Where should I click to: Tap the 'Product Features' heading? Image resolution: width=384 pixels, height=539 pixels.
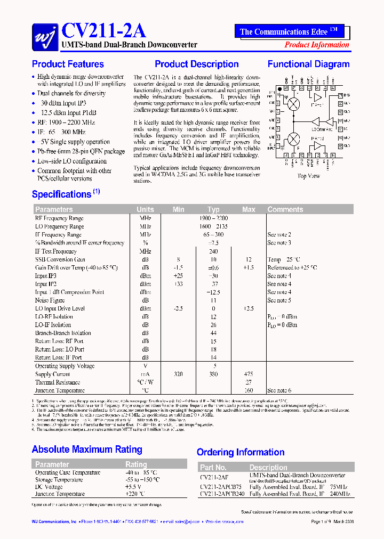(68, 64)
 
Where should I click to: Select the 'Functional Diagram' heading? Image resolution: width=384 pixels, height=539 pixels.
(308, 64)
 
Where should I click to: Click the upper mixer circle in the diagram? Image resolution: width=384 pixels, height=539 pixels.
(293, 104)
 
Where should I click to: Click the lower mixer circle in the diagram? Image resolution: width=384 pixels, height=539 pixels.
(293, 139)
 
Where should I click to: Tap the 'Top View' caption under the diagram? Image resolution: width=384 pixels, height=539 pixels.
(309, 176)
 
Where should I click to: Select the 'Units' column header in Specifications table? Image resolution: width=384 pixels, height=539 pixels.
(145, 210)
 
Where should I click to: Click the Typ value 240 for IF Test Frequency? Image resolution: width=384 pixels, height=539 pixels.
(213, 251)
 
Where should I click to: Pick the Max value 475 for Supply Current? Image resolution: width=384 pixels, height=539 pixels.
(248, 374)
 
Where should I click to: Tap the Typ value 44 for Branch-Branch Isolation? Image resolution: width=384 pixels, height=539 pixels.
(213, 333)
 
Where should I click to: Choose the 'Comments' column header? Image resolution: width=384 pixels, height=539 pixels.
(285, 210)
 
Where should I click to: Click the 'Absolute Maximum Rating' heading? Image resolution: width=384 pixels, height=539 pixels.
(87, 450)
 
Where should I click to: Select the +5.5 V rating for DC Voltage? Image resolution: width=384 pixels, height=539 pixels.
(133, 487)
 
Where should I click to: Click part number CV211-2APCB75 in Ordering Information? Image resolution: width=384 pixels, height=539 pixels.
(221, 487)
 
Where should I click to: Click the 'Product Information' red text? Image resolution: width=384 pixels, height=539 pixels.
(317, 45)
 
